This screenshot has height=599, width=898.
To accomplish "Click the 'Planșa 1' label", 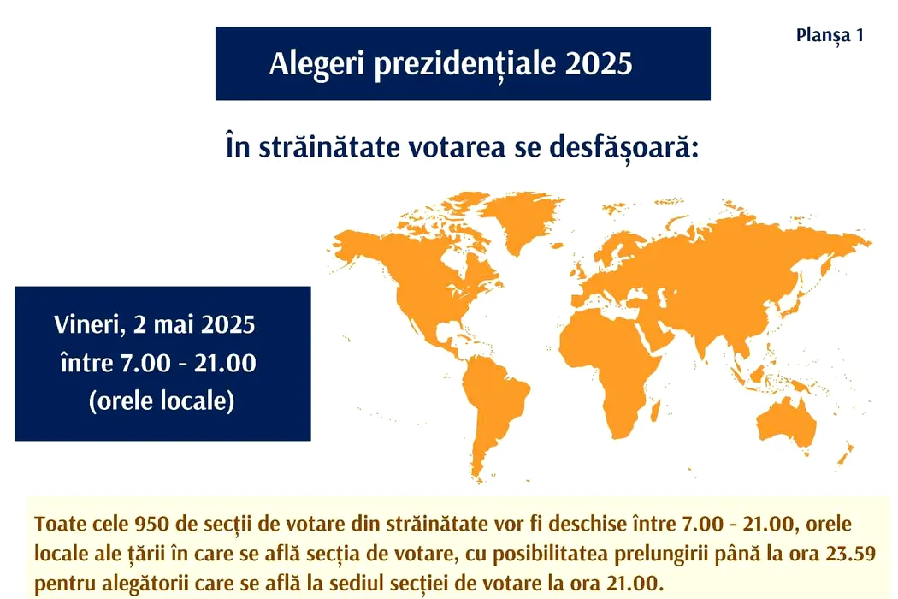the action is click(830, 36).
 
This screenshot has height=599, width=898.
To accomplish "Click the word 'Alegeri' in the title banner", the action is click(316, 63).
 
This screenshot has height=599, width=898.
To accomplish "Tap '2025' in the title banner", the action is click(599, 63).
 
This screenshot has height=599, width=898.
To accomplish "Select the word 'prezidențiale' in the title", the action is click(465, 64).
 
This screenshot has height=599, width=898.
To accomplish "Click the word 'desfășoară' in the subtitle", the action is click(623, 147).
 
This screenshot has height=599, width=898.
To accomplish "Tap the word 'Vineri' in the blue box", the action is click(90, 325).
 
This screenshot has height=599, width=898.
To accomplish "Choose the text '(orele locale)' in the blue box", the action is click(162, 400).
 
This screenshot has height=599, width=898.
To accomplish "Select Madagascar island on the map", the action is click(656, 412).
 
